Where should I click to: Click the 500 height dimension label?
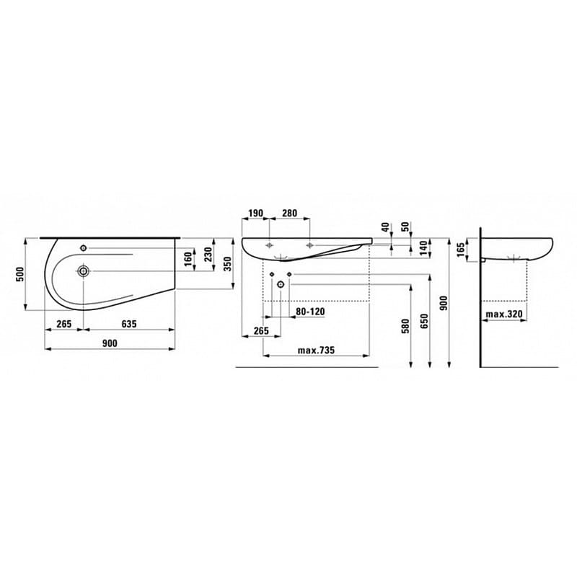pos(21,273)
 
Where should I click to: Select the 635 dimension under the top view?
pos(128,324)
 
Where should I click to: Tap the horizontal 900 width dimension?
pos(110,343)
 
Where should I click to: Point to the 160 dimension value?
pos(188,257)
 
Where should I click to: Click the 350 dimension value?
pos(228,264)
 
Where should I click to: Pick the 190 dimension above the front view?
pos(254,213)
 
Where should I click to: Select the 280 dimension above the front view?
pos(289,213)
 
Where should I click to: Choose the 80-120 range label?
pos(311,312)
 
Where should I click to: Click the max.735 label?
pos(316,351)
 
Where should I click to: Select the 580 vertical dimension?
pos(405,325)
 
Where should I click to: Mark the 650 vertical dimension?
pos(425,320)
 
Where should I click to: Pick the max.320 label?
pos(503,314)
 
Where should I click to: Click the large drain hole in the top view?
pos(84,271)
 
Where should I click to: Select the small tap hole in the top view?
pos(84,248)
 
